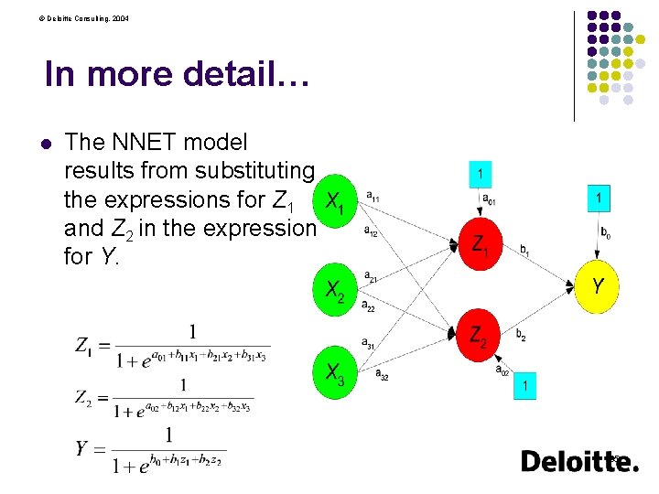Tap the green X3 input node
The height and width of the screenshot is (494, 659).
pos(335,373)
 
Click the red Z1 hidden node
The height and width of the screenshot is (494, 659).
pos(479,244)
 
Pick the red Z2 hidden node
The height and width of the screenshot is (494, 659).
pos(479,336)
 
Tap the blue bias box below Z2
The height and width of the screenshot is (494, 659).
pos(524,386)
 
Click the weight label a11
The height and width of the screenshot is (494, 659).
pos(374,195)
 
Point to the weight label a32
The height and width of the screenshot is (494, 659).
pos(382,374)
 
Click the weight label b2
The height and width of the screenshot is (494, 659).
pos(521,337)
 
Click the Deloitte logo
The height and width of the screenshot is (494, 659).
pos(578,462)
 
